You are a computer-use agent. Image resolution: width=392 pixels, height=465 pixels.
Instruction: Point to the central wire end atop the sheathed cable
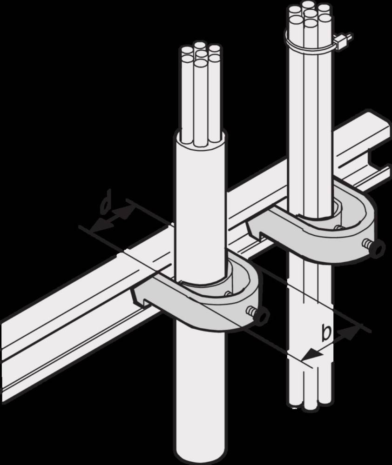coord(201,54)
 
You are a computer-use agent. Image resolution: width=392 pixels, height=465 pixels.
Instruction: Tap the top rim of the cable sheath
coord(201,135)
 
